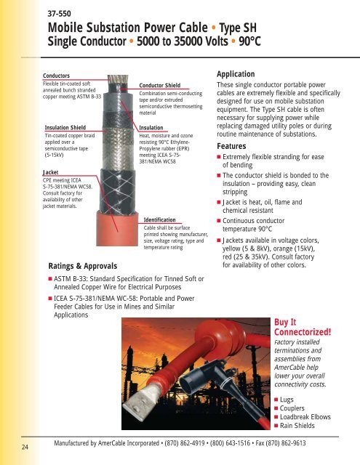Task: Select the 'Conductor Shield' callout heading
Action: tap(161, 84)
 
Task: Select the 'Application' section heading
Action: tap(242, 74)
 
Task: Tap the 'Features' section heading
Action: tap(236, 145)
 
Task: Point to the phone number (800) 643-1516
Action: tap(218, 441)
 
